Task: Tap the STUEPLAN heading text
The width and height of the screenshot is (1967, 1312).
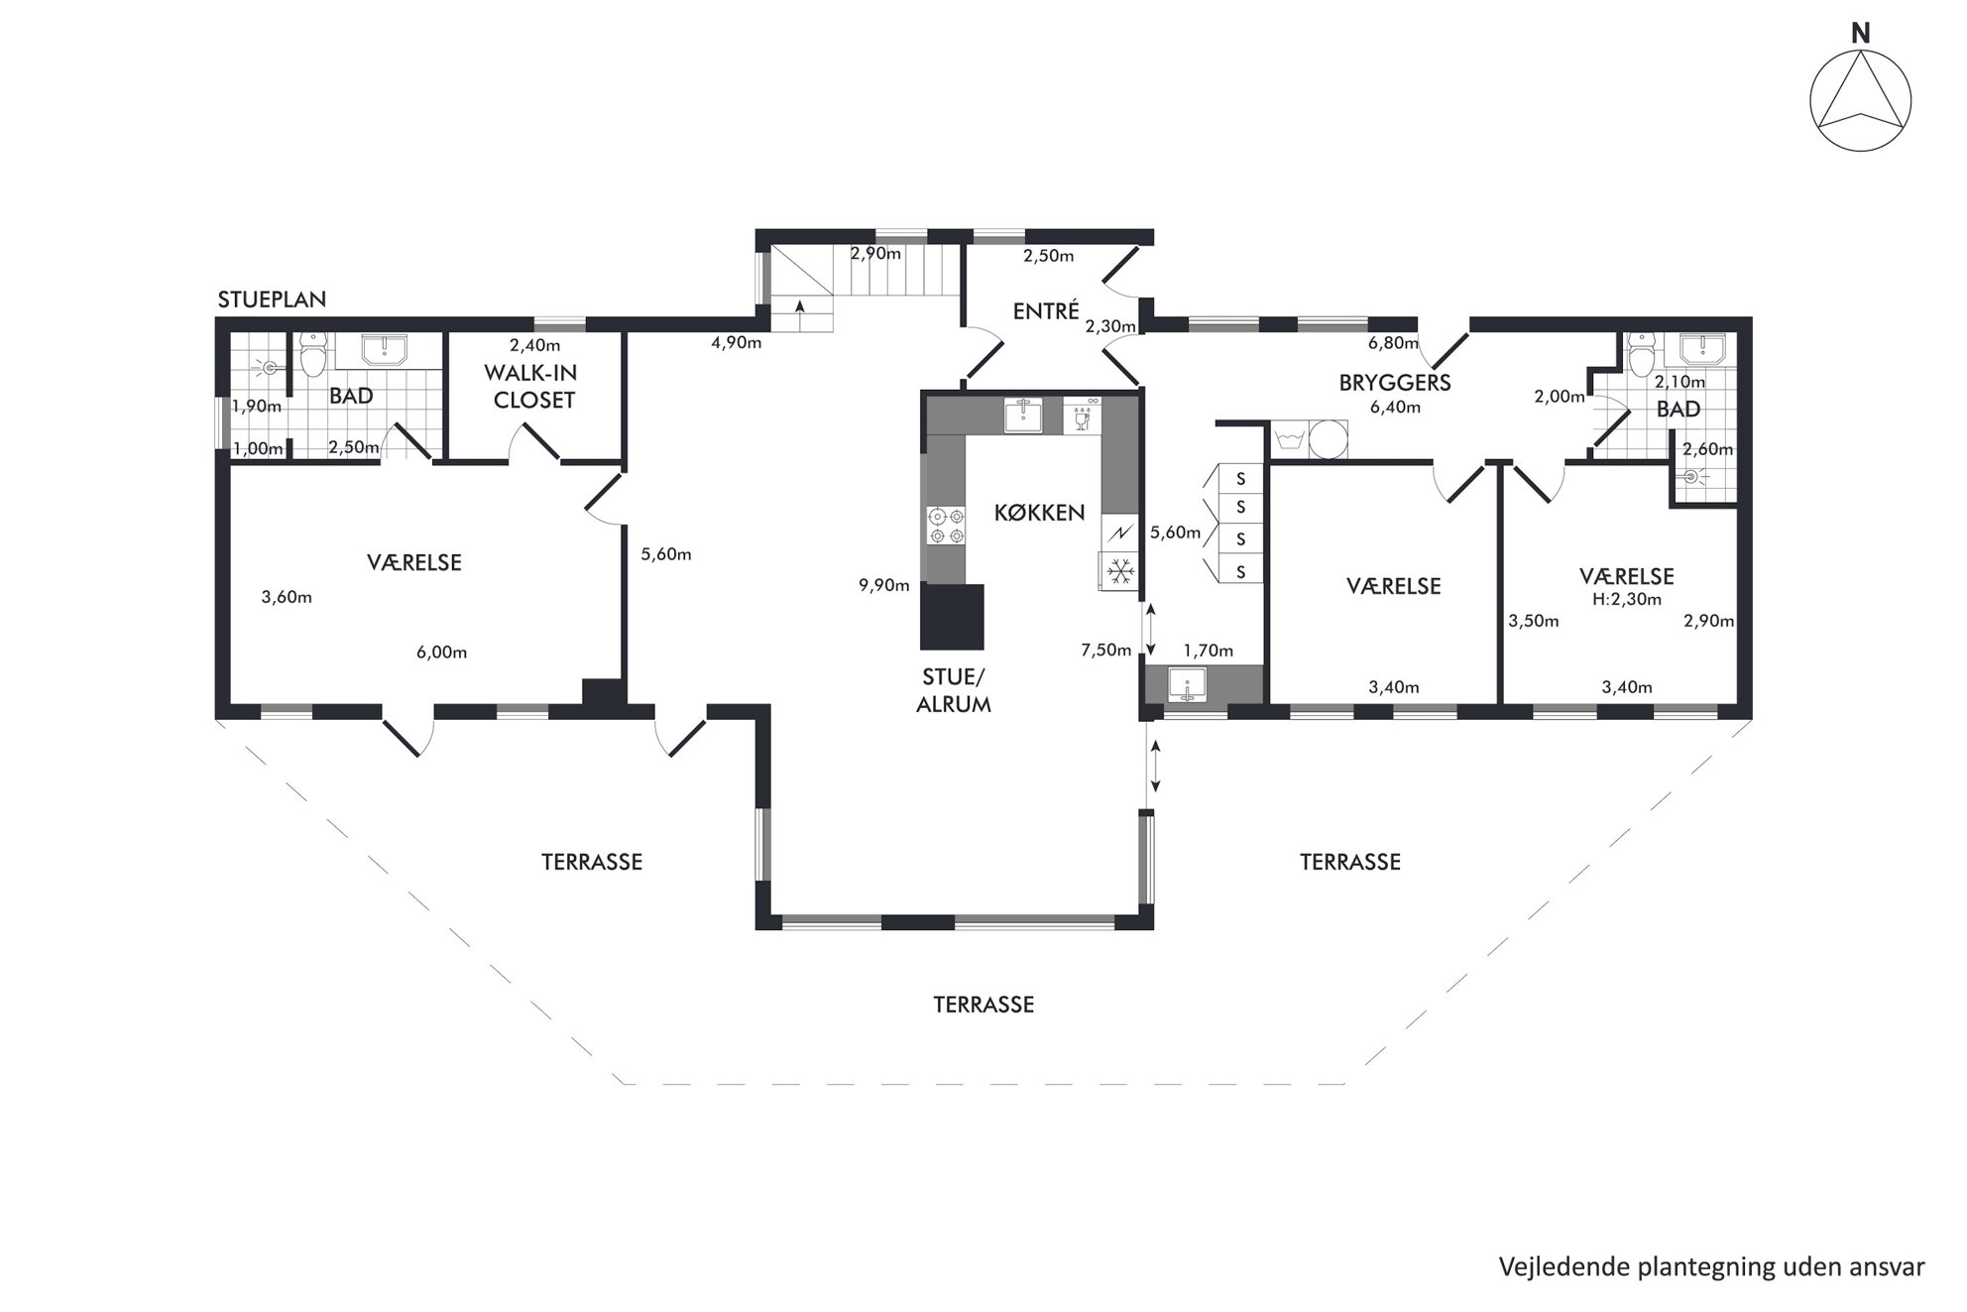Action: click(x=272, y=299)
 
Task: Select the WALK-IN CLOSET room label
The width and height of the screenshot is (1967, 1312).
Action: click(x=534, y=387)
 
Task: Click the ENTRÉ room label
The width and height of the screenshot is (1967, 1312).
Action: click(x=1046, y=311)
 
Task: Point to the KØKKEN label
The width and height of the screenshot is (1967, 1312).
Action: click(x=1039, y=513)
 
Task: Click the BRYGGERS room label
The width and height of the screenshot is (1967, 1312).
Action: click(x=1395, y=383)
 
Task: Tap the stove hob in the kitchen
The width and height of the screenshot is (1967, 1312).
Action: click(x=946, y=526)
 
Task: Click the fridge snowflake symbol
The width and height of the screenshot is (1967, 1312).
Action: click(x=1120, y=571)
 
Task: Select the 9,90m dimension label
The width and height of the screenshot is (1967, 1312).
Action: click(x=883, y=586)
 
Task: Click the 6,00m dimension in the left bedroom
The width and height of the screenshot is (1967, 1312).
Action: click(x=441, y=653)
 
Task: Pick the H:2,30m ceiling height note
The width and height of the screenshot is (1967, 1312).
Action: click(x=1627, y=599)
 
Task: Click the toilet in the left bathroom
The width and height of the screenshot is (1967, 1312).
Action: click(x=314, y=356)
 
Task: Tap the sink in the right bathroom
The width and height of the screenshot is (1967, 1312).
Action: click(x=1702, y=348)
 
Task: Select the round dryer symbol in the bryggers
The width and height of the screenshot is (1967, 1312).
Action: click(x=1329, y=440)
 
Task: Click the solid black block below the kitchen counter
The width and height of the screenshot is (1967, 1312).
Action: click(x=953, y=616)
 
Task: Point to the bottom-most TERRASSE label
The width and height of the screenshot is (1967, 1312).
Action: click(x=983, y=1005)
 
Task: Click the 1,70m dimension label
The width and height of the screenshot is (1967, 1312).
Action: click(x=1208, y=652)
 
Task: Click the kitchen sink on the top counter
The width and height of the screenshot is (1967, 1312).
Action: click(x=1023, y=417)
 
